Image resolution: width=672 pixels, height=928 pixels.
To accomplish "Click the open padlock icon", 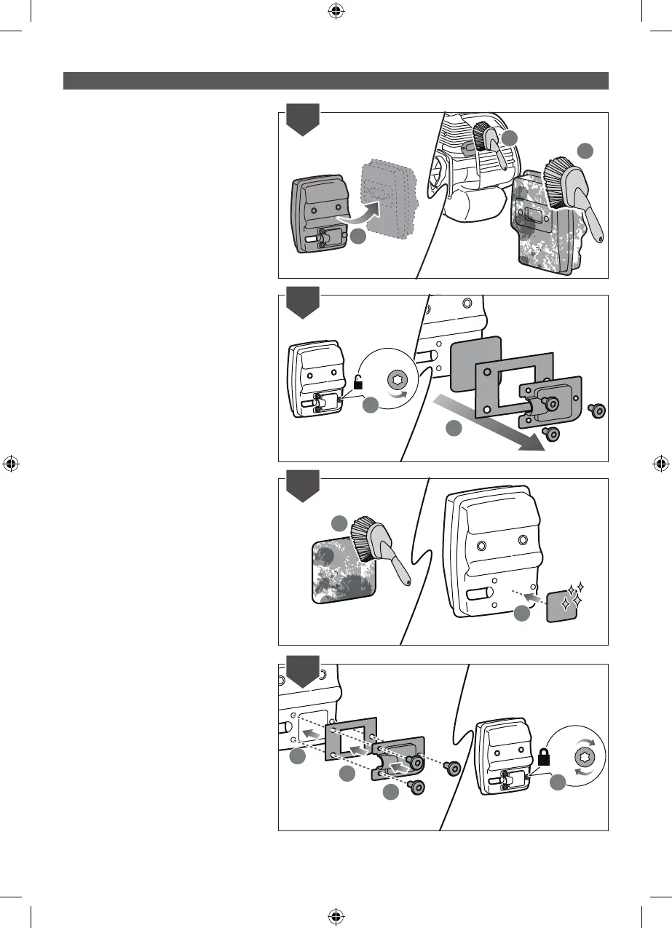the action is [358, 381].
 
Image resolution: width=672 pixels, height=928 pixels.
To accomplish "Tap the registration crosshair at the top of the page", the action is [336, 11].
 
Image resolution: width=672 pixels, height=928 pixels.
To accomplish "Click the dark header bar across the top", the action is [336, 81].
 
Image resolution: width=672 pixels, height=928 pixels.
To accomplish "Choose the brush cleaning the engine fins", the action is [487, 143].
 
